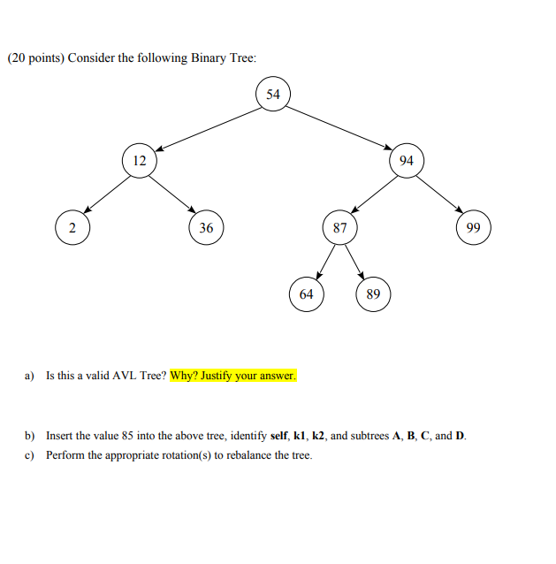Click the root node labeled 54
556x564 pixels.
272,94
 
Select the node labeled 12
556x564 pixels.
139,160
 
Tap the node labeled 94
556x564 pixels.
406,160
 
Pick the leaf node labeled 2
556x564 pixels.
72,227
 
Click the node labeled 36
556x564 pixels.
206,227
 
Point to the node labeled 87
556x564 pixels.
339,227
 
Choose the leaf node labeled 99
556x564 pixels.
473,227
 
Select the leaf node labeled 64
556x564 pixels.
306,293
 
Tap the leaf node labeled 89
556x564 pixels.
373,293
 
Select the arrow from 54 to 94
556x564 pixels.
339,126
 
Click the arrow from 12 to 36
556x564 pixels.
173,194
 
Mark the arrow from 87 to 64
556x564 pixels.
323,261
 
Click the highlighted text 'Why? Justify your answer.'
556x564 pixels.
233,376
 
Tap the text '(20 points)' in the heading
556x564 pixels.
34,58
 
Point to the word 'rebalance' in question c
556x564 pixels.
228,455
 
